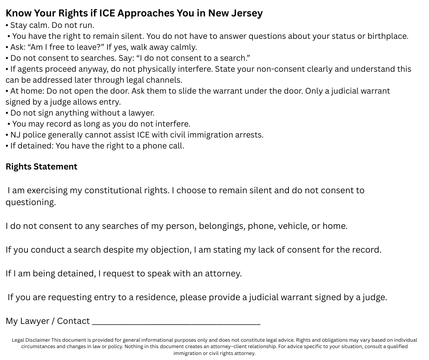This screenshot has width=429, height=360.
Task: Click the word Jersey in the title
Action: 246,13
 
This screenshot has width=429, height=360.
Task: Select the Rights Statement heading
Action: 42,167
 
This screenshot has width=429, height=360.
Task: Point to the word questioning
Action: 30,202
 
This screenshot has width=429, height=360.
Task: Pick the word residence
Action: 155,297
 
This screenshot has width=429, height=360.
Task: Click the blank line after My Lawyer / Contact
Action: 176,322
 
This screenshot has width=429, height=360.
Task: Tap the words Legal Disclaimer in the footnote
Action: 31,340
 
